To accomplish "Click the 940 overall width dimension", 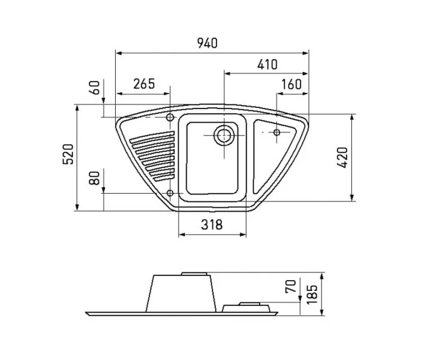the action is tap(207, 43).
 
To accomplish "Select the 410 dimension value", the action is tap(267, 65).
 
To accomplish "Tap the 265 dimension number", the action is tap(144, 84).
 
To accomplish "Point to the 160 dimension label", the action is tap(291, 85).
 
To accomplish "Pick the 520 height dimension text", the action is tap(68, 154).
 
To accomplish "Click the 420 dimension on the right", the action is tap(342, 157).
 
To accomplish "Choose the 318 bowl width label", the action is tap(212, 224).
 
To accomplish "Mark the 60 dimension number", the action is tap(95, 88).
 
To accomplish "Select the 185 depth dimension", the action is tap(312, 294).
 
